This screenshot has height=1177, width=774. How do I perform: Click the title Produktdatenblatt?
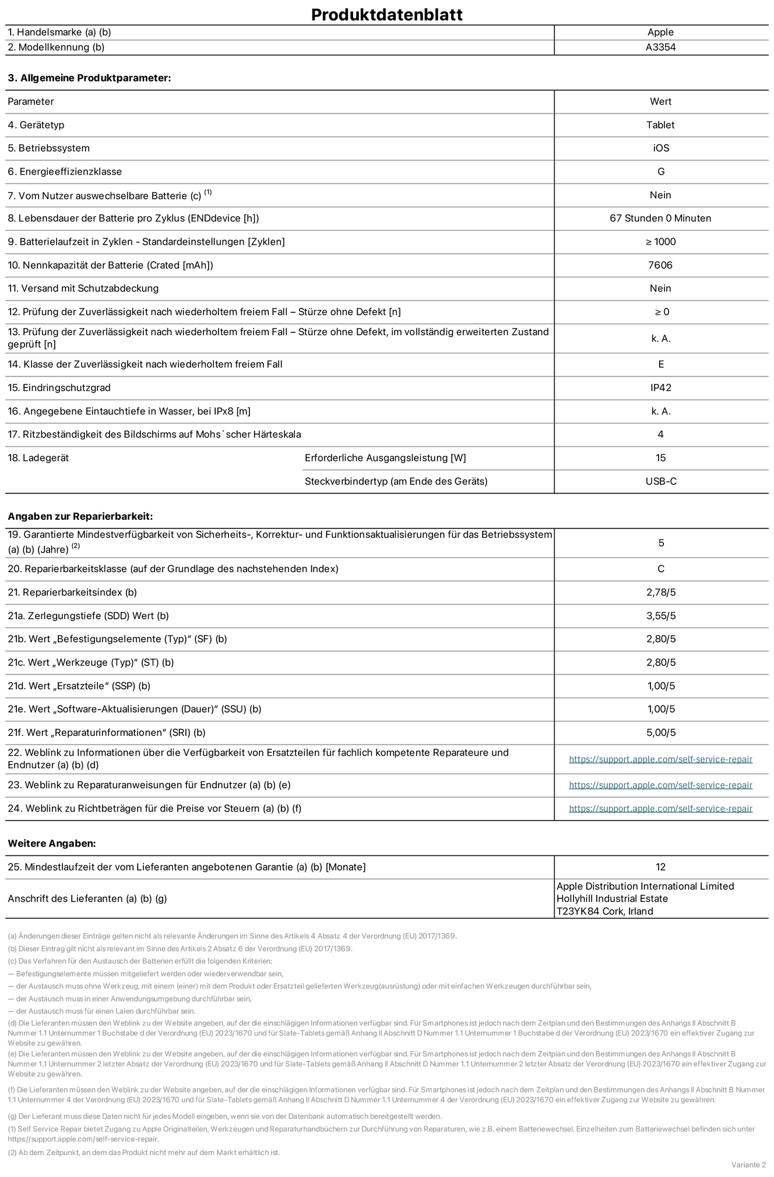click(x=386, y=15)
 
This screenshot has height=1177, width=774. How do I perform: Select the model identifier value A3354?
click(x=660, y=47)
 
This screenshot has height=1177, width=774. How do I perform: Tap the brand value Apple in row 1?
click(x=660, y=32)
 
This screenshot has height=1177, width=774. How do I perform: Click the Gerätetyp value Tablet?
click(x=660, y=125)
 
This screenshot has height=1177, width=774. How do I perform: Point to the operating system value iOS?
click(x=661, y=148)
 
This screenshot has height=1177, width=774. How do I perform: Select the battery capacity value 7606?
click(x=660, y=265)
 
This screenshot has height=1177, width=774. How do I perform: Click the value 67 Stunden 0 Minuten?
click(x=660, y=218)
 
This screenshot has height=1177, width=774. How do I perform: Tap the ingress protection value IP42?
click(x=661, y=387)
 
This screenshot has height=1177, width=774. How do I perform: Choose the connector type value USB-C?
click(x=661, y=481)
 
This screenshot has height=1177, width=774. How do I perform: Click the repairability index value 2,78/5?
click(x=661, y=592)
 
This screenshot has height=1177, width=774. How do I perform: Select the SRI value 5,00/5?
click(x=661, y=732)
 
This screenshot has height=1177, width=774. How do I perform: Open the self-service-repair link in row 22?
click(x=660, y=759)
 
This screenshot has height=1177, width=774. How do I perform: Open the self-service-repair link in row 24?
click(x=660, y=808)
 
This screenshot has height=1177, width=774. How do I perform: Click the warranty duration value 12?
click(x=660, y=867)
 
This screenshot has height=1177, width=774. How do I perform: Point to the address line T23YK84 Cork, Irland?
click(x=604, y=911)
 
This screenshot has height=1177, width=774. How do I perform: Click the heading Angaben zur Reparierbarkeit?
click(x=80, y=516)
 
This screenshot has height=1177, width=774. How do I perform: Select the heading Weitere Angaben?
click(x=51, y=843)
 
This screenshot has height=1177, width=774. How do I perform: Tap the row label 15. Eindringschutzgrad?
click(x=59, y=387)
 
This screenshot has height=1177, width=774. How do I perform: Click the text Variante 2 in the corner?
click(x=748, y=1164)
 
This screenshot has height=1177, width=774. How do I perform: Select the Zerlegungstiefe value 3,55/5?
click(x=661, y=616)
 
